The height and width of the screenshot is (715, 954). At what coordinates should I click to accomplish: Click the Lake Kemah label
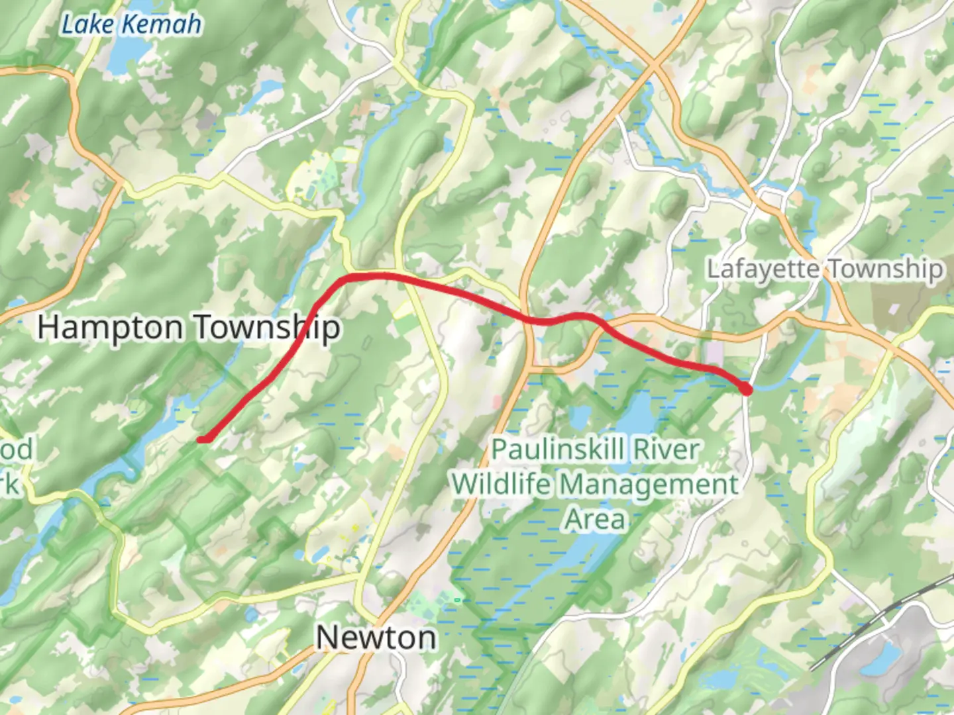point(131,25)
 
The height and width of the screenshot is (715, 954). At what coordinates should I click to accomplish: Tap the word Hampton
point(110,328)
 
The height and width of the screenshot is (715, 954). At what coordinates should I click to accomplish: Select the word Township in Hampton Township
point(267,328)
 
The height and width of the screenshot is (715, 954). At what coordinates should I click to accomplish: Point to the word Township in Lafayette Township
point(886,269)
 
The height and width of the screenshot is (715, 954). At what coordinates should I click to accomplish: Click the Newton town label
point(376,638)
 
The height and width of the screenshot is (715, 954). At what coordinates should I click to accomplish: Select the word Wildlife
point(501,485)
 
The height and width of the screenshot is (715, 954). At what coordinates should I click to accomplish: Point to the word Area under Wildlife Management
point(594,519)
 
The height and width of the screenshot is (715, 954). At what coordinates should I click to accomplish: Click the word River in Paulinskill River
point(667,450)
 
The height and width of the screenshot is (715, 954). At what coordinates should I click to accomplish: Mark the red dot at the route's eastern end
point(747,389)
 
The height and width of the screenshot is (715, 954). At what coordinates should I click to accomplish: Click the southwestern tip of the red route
point(201,439)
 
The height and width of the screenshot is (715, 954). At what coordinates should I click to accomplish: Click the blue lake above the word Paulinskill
point(636,414)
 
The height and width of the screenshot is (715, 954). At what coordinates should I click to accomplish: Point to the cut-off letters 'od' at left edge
point(16,450)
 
